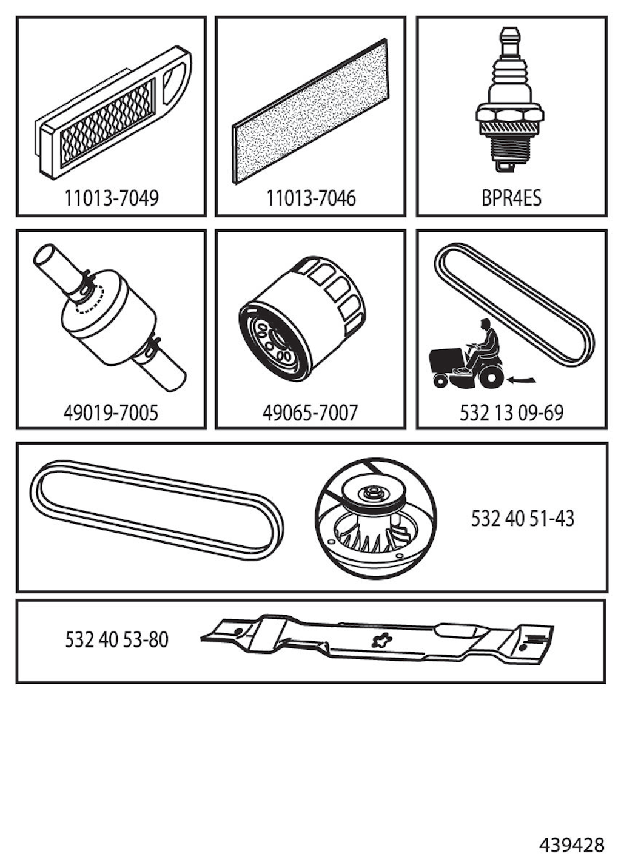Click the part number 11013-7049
click(x=111, y=198)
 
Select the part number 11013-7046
click(x=311, y=198)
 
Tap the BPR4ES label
click(x=511, y=198)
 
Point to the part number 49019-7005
click(x=111, y=413)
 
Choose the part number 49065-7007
click(x=310, y=413)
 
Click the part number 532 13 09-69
click(x=511, y=413)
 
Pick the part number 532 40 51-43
click(x=523, y=519)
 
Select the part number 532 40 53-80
click(x=116, y=640)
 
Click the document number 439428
click(x=572, y=844)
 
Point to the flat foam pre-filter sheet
click(x=310, y=111)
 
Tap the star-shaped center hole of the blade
click(x=382, y=640)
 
